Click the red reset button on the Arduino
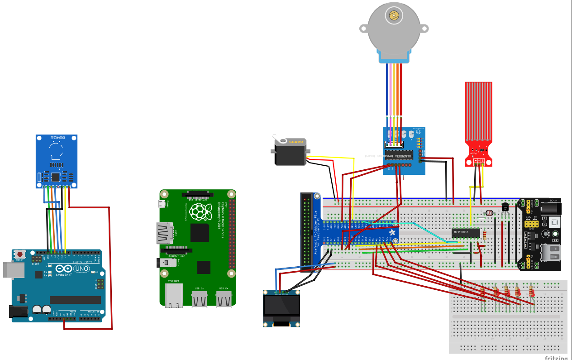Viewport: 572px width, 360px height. tap(20, 254)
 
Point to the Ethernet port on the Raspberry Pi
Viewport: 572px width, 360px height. tap(174, 294)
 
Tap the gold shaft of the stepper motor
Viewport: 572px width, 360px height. tap(394, 16)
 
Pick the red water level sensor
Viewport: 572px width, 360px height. tap(478, 122)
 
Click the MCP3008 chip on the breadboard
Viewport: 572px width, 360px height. tap(466, 233)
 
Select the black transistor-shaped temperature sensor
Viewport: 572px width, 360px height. tap(505, 207)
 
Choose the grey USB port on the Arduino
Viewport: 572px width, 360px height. tap(10, 269)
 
